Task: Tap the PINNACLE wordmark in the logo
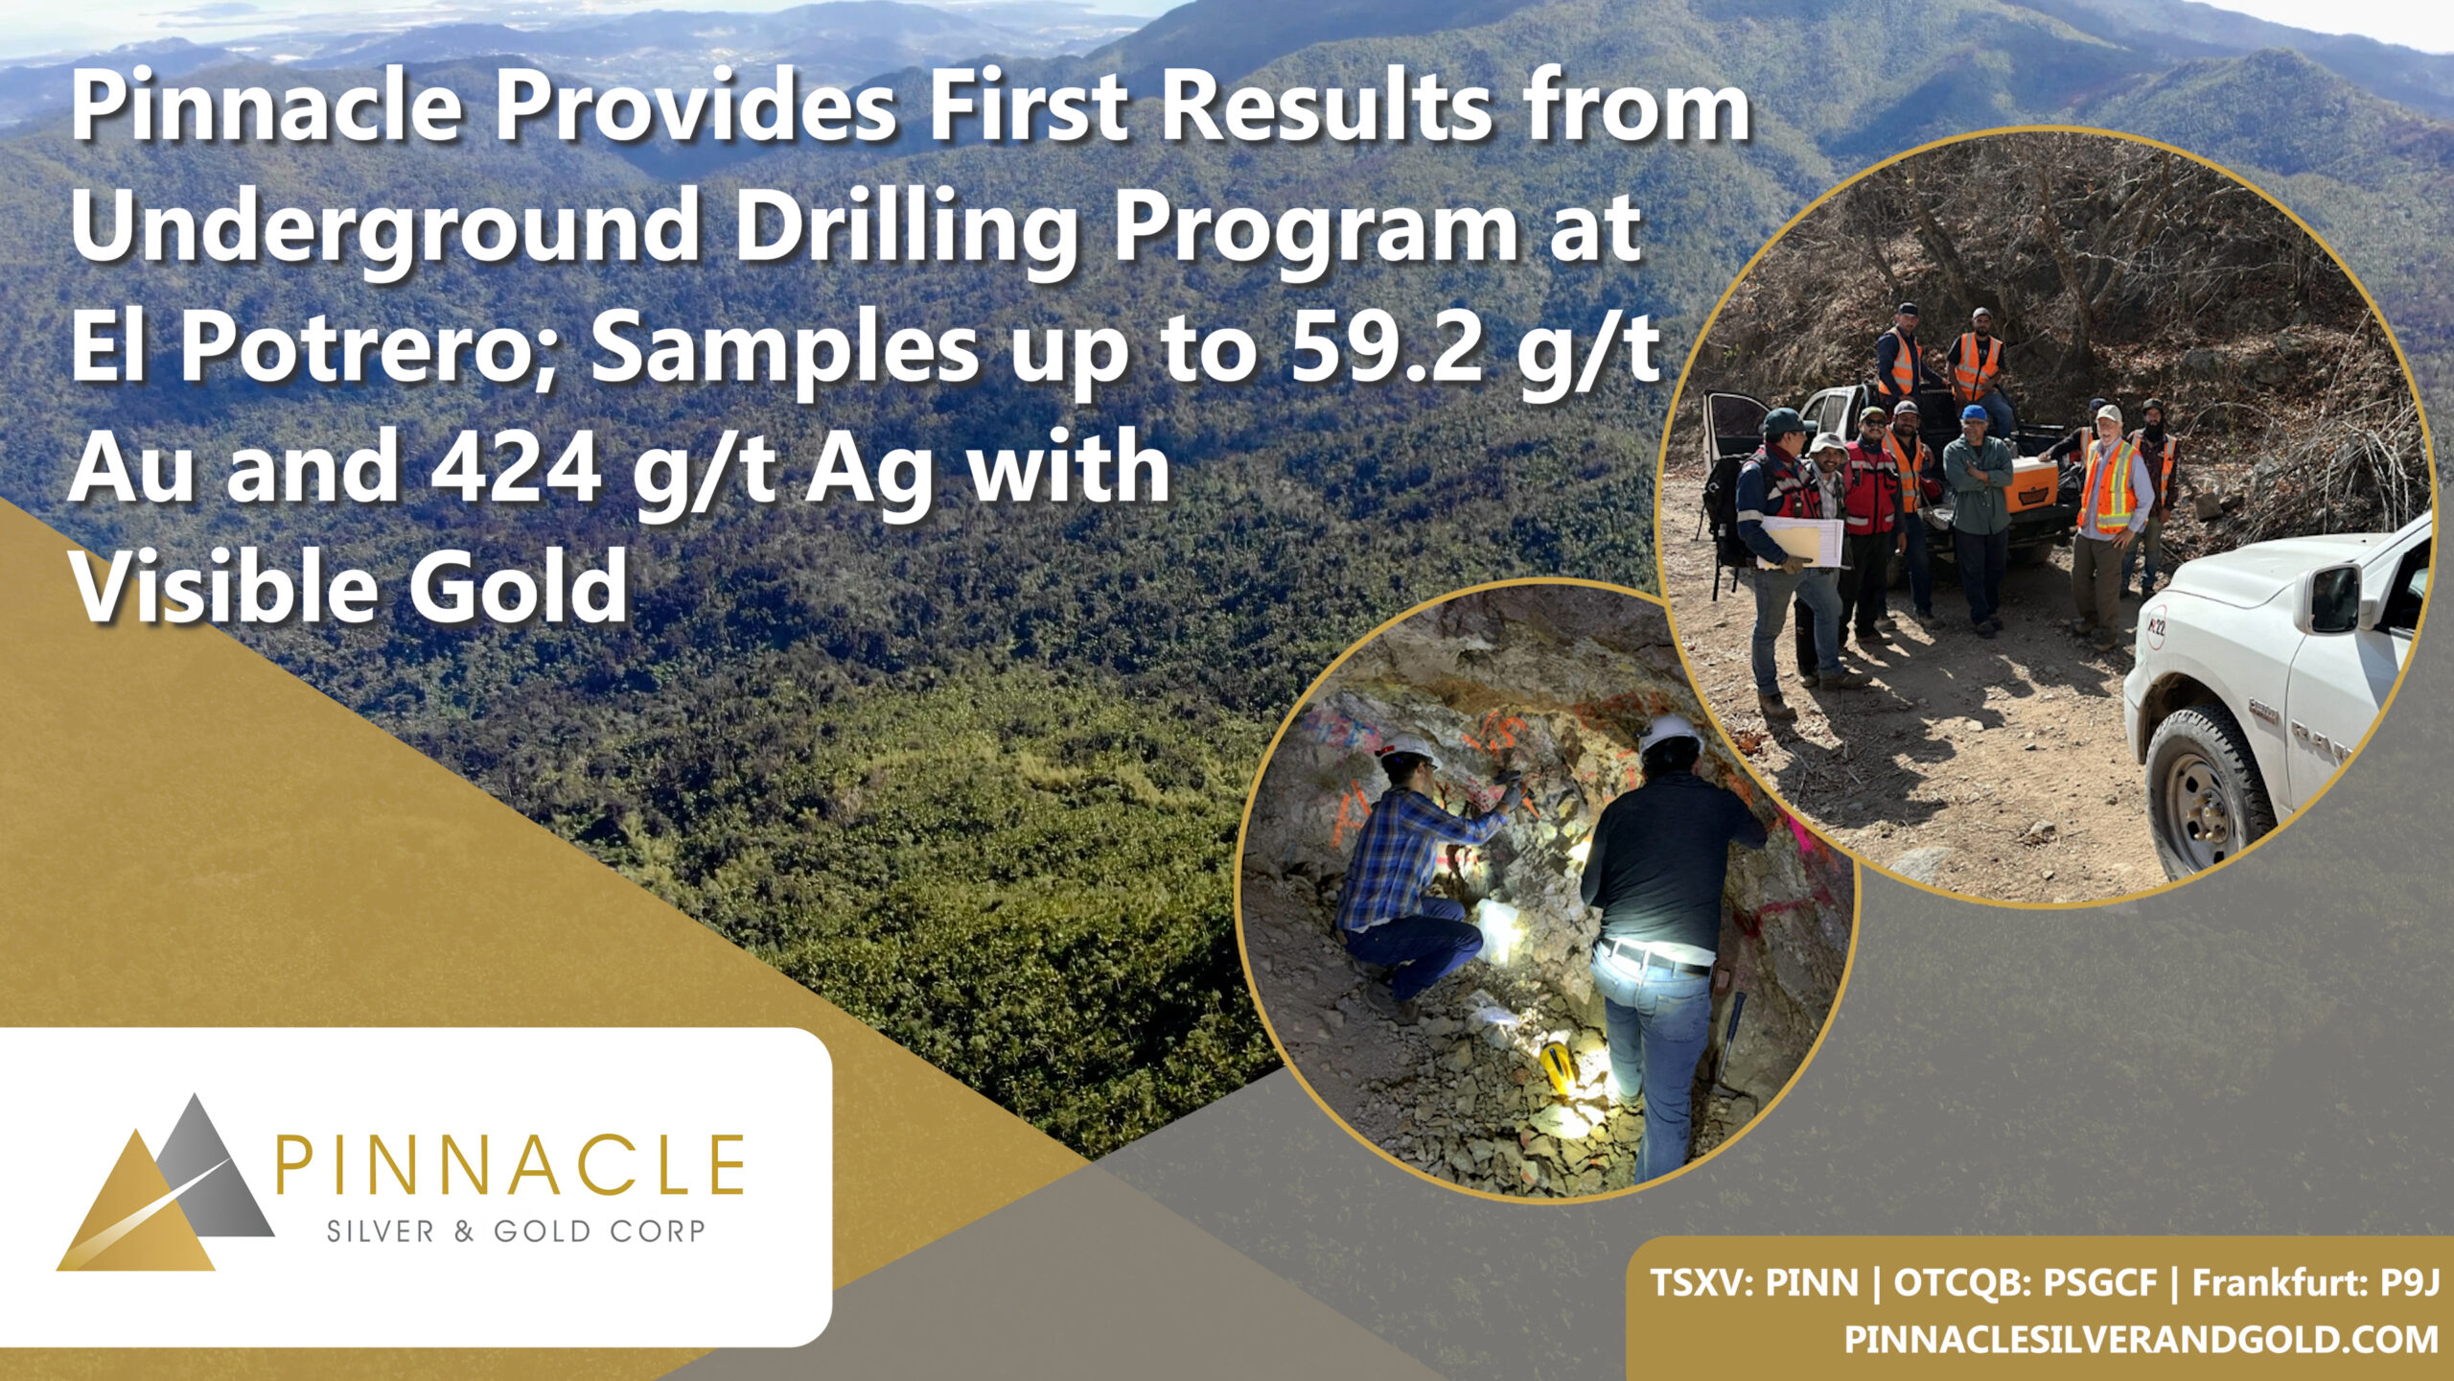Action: click(510, 1162)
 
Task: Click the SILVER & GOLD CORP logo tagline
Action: click(516, 1230)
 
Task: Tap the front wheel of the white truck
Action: click(2208, 791)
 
